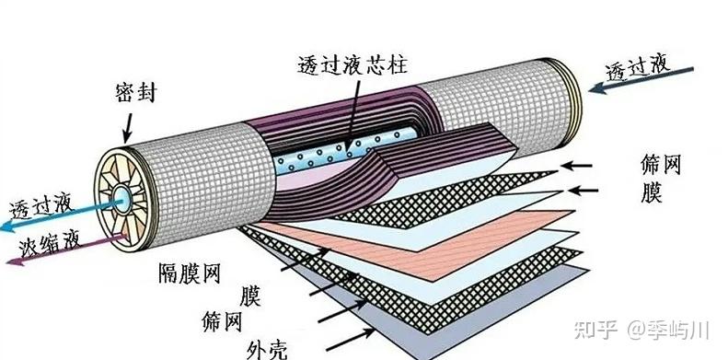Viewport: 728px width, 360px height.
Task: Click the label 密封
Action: pos(135,93)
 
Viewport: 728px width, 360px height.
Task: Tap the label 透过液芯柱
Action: pos(352,64)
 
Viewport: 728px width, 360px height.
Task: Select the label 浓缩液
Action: pos(50,244)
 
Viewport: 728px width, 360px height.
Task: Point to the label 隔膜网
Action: pos(189,273)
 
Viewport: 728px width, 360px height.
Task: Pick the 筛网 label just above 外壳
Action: pos(222,321)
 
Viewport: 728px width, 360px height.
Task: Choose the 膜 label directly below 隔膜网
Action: pos(249,296)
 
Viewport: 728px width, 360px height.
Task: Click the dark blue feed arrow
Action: pos(641,78)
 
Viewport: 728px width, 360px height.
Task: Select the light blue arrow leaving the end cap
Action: pos(61,215)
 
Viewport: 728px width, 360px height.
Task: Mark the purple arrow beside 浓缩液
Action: pos(67,250)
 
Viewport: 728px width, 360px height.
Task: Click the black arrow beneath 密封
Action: pos(127,128)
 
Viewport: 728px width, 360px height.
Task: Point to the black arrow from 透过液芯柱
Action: pos(352,117)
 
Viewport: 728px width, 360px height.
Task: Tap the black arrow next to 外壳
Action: pos(350,340)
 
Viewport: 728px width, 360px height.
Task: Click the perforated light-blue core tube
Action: pos(345,151)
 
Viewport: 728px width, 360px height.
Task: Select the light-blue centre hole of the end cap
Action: pos(122,199)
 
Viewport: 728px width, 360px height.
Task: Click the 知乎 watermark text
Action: pos(596,331)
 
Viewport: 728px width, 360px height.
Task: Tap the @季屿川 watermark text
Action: pos(667,331)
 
